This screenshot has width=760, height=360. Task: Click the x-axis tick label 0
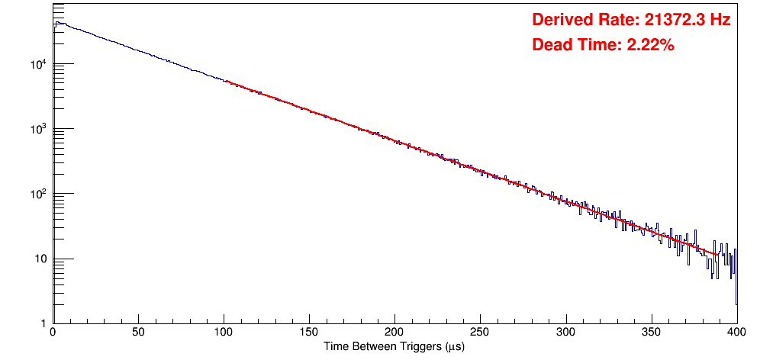point(52,333)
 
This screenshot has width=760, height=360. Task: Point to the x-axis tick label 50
point(138,333)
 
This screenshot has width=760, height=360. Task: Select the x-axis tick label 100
point(224,333)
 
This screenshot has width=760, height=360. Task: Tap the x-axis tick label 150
point(309,333)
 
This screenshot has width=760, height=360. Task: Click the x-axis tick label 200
point(394,333)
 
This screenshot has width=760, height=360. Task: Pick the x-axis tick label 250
point(480,333)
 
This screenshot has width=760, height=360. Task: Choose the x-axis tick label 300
point(565,333)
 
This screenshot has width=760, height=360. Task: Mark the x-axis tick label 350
point(651,333)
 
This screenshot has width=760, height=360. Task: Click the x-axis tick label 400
point(736,333)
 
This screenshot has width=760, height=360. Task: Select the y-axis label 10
point(40,259)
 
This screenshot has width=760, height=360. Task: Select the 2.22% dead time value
point(650,46)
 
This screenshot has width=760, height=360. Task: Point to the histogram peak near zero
point(57,23)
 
